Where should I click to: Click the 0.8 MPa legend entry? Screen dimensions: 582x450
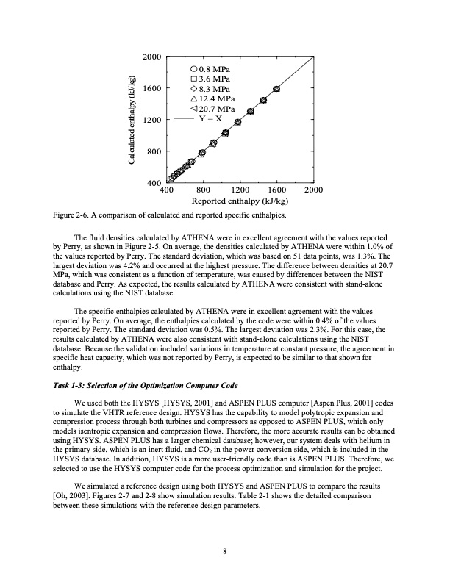(210, 68)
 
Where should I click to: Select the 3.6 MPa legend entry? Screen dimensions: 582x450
(210, 78)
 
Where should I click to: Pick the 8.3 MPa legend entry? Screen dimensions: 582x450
(210, 88)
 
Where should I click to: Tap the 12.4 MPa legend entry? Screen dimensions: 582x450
(213, 98)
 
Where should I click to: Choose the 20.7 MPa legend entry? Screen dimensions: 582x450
(213, 109)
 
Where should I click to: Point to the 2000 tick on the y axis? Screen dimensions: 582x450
(151, 57)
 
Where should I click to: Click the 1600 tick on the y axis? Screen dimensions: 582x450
(151, 88)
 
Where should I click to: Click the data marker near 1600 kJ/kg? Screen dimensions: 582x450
(276, 88)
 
